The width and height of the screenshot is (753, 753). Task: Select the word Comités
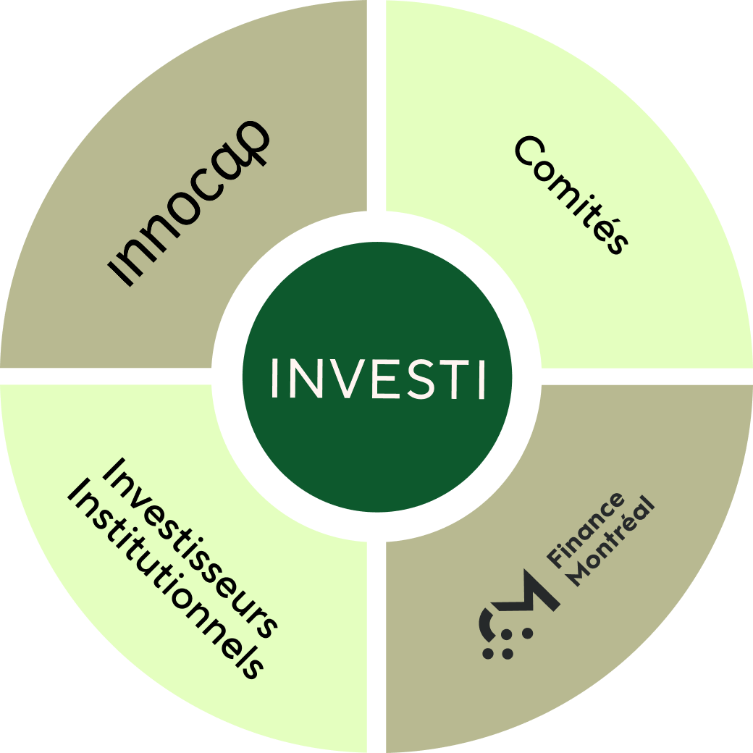(570, 194)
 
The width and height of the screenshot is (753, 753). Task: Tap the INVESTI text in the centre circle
(377, 377)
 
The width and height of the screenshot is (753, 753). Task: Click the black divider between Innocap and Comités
(376, 109)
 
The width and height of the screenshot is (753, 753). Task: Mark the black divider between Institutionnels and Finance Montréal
(376, 644)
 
